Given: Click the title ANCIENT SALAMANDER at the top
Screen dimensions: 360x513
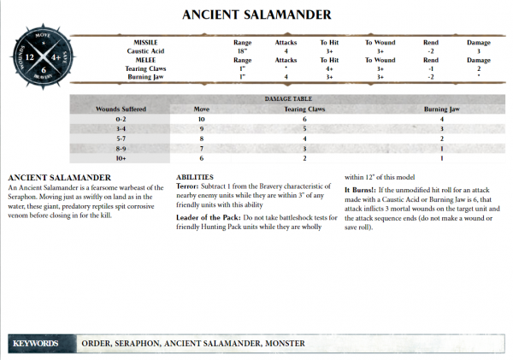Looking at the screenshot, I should click(256, 15).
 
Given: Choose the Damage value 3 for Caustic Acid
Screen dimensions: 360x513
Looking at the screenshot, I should click(479, 51).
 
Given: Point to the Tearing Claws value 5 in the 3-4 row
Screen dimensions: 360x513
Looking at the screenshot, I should click(304, 127).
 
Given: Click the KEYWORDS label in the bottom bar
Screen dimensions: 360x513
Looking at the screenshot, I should click(36, 343).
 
